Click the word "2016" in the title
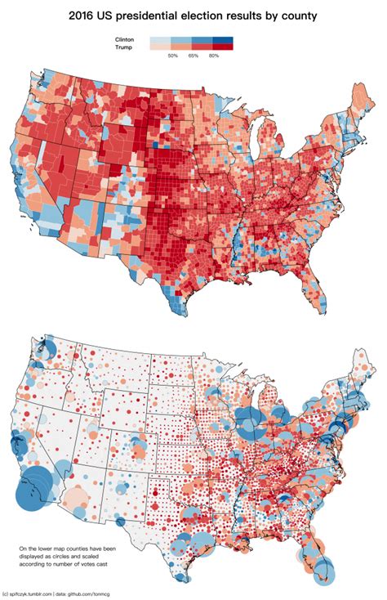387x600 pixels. (85, 15)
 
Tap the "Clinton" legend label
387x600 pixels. (124, 39)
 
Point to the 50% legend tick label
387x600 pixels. (172, 56)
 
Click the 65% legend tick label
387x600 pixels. (193, 56)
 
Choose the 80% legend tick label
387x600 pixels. (214, 56)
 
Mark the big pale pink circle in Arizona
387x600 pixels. (77, 495)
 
